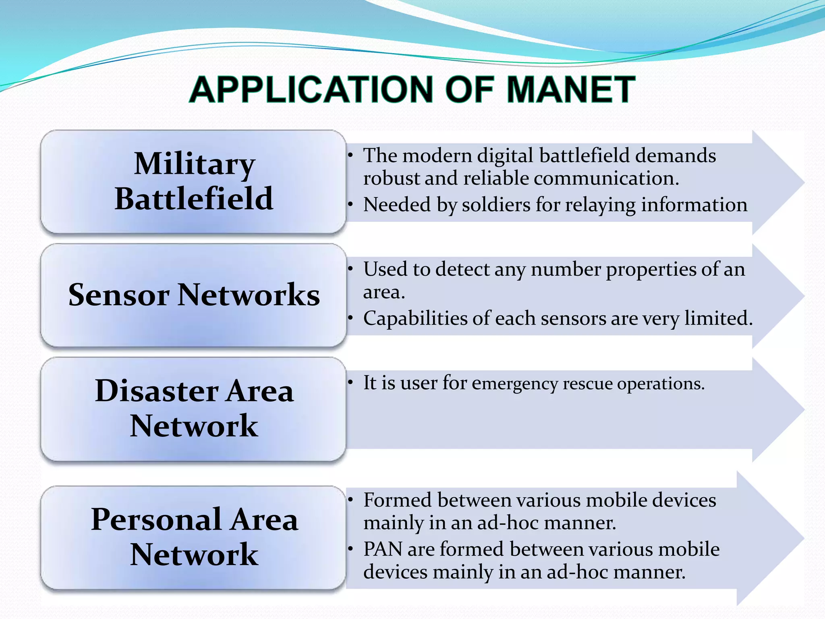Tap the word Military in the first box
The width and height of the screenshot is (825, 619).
195,164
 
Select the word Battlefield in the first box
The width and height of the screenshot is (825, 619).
194,199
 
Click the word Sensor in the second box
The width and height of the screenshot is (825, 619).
119,295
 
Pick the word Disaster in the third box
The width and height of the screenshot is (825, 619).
156,391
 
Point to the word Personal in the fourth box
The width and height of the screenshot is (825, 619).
155,519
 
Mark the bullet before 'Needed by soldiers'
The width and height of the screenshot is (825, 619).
351,205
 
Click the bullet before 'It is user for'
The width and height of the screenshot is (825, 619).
351,382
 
